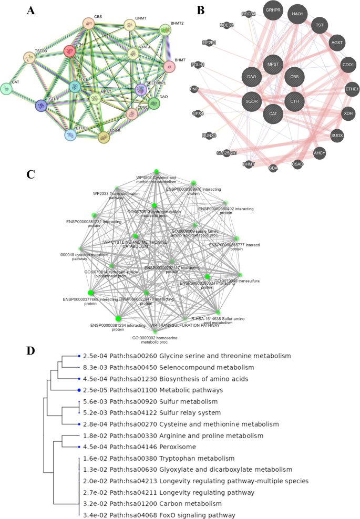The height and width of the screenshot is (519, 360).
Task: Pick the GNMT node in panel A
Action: pyautogui.click(x=129, y=25)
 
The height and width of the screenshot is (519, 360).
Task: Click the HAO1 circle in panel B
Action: pyautogui.click(x=297, y=14)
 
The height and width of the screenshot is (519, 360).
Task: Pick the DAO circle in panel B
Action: pyautogui.click(x=251, y=77)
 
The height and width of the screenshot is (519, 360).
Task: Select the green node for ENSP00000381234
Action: pyautogui.click(x=118, y=318)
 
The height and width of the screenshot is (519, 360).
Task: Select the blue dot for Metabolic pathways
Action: pyautogui.click(x=79, y=390)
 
